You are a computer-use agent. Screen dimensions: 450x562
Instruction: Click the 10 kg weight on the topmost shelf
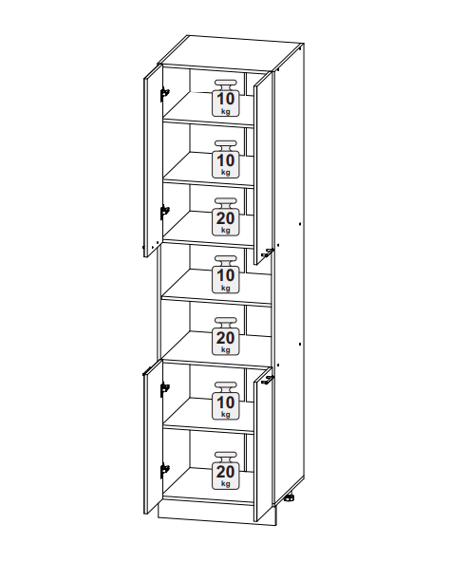tap(226, 98)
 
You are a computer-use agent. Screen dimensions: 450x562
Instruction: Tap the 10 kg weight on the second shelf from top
tap(226, 159)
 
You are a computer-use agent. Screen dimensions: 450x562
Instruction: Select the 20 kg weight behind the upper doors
tap(226, 216)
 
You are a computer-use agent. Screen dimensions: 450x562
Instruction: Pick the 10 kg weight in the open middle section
tap(226, 274)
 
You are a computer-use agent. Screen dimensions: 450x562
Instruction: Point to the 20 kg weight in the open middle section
tap(226, 336)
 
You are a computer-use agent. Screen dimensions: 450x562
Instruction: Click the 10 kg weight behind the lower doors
tap(226, 401)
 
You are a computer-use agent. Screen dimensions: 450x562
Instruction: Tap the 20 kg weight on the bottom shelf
tap(226, 471)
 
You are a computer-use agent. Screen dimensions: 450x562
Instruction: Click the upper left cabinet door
tap(153, 160)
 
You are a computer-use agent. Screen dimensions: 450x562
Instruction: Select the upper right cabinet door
tap(262, 168)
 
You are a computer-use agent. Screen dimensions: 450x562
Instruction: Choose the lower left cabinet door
tap(153, 437)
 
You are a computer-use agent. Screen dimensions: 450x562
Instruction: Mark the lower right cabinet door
tap(262, 443)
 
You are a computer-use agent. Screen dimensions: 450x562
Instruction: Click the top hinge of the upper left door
tap(164, 94)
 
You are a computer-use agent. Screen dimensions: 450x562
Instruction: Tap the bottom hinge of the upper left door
tap(164, 212)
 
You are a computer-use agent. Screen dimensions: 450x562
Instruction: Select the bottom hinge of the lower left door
tap(164, 470)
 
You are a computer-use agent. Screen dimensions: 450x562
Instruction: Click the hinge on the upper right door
tap(268, 253)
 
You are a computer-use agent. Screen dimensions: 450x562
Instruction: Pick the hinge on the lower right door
tap(268, 380)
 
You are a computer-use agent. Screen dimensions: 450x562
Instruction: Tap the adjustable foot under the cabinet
tap(290, 497)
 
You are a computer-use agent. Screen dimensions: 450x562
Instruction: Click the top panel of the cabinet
tap(231, 54)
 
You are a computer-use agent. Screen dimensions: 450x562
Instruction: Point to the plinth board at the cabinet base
tap(217, 514)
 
